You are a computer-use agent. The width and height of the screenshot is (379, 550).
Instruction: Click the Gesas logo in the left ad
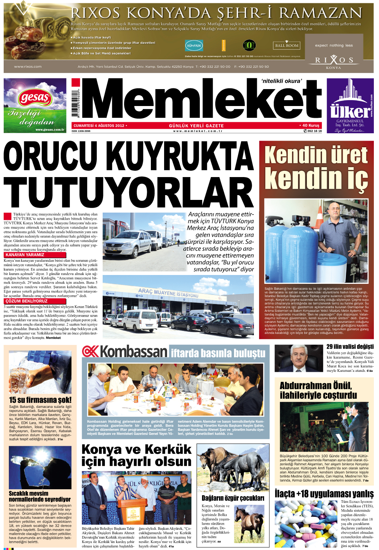35,98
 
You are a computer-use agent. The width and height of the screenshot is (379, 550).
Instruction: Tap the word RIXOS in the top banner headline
95,13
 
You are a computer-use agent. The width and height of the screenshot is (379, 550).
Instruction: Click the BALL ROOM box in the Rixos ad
287,45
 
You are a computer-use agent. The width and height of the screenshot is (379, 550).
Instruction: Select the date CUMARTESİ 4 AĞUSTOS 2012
99,126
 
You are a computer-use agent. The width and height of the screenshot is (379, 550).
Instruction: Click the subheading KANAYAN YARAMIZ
25,255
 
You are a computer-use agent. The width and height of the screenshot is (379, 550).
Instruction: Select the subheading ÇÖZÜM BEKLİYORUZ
26,301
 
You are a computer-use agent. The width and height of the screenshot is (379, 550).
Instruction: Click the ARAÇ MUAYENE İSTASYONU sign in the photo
168,293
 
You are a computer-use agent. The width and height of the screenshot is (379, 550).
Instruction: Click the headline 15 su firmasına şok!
40,400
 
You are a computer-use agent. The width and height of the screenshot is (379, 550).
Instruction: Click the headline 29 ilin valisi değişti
350,346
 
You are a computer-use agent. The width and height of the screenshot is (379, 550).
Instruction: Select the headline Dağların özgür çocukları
233,498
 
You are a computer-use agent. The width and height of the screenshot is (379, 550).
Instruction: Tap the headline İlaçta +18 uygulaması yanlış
324,494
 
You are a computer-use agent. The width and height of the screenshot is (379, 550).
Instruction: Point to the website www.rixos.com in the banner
28,67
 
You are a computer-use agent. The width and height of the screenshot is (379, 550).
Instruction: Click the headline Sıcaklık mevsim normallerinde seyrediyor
40,496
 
